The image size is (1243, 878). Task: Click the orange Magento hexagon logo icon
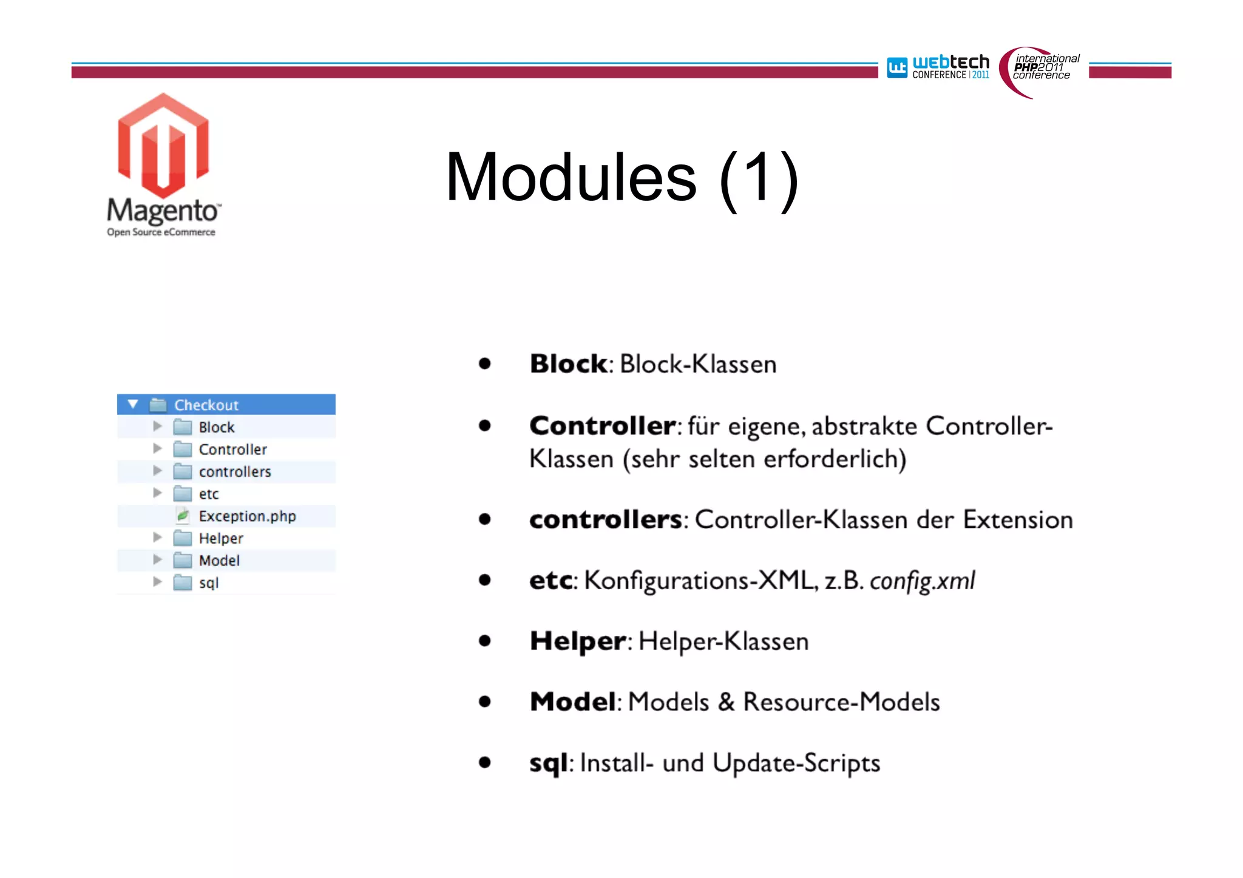click(x=163, y=146)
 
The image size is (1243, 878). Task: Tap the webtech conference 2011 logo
click(x=938, y=67)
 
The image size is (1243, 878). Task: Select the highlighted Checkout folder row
click(x=225, y=405)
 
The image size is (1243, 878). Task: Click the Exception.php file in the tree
click(x=246, y=516)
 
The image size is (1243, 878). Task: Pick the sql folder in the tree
click(x=208, y=583)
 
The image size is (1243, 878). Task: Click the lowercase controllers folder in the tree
click(x=234, y=472)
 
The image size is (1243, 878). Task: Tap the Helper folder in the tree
click(x=220, y=539)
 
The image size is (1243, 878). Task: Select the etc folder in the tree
click(x=208, y=495)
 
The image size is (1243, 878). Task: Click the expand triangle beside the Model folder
click(x=157, y=560)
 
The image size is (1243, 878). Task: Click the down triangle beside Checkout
click(x=133, y=404)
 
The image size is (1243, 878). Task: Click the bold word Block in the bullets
click(x=568, y=364)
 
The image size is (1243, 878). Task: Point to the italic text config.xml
click(x=922, y=581)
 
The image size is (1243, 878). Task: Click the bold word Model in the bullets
click(x=573, y=702)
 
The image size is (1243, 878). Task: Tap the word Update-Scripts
click(x=796, y=763)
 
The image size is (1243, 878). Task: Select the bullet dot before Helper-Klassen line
click(x=484, y=641)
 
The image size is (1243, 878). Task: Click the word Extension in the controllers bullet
click(x=1018, y=520)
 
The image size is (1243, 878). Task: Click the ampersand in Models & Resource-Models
click(x=725, y=702)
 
